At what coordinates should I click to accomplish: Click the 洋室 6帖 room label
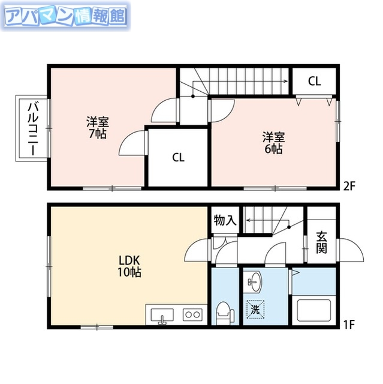click(x=273, y=142)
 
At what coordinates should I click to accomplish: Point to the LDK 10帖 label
click(x=129, y=266)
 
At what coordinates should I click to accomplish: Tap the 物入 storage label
click(x=225, y=221)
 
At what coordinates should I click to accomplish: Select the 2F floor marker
click(x=349, y=185)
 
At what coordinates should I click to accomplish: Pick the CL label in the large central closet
click(x=178, y=158)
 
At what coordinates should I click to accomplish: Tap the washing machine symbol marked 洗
click(x=256, y=310)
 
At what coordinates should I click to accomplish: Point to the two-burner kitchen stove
click(x=192, y=314)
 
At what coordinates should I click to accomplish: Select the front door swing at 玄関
click(x=352, y=250)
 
